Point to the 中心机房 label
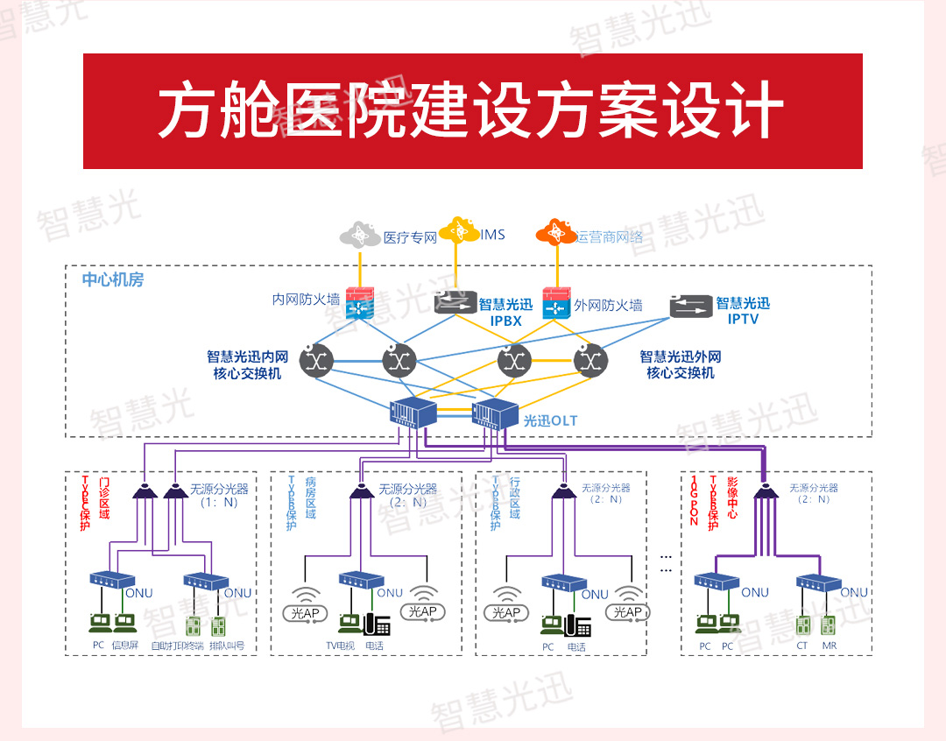coord(113,280)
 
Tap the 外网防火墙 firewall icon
coord(556,304)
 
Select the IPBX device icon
coord(455,302)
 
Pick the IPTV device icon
coord(691,306)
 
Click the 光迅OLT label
coord(550,421)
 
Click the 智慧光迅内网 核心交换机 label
coord(248,365)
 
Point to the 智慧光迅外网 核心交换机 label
coord(681,364)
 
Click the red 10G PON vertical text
coord(694,501)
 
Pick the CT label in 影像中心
coord(801,646)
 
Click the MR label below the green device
coord(830,646)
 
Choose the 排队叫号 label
coord(228,646)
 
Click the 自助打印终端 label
coord(177,646)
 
